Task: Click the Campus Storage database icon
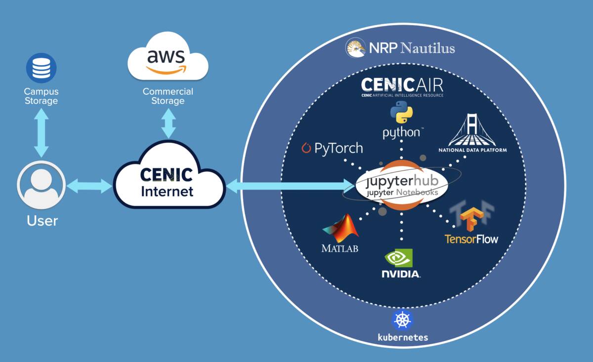click(x=41, y=68)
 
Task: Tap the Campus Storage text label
click(x=41, y=96)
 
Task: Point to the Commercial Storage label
click(x=168, y=96)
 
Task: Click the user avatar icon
click(x=41, y=185)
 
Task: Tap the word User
click(x=42, y=220)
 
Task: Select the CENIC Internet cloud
click(x=167, y=182)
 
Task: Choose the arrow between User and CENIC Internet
click(x=89, y=186)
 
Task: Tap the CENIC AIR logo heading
click(x=402, y=86)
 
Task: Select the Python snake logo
click(x=401, y=112)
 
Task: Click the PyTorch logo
click(x=332, y=148)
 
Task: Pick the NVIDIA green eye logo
click(x=399, y=258)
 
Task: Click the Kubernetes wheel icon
click(x=402, y=320)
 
